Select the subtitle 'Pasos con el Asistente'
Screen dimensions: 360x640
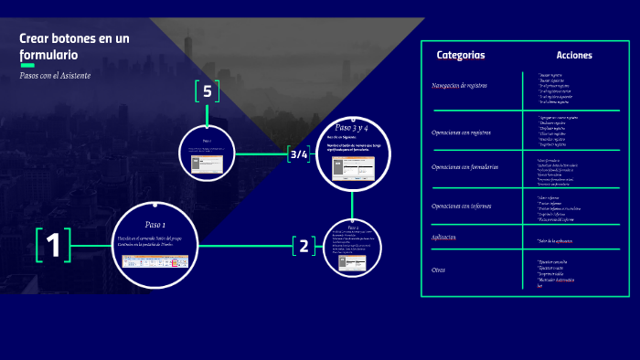(x=55, y=75)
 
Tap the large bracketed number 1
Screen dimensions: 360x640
(x=53, y=245)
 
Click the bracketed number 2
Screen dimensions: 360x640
(x=304, y=245)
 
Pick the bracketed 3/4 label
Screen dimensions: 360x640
(x=299, y=154)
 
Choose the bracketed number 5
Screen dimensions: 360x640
(x=208, y=91)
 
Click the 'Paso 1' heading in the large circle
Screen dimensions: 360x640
(x=155, y=224)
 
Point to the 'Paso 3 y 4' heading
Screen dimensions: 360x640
(x=352, y=127)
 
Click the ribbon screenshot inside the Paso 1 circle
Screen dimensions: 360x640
(x=155, y=261)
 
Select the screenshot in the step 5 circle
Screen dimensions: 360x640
(x=207, y=164)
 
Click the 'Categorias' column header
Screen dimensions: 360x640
(x=461, y=55)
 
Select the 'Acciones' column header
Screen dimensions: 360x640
(x=573, y=55)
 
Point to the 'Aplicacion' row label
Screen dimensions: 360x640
(x=443, y=238)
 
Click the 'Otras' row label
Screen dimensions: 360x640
(x=438, y=270)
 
